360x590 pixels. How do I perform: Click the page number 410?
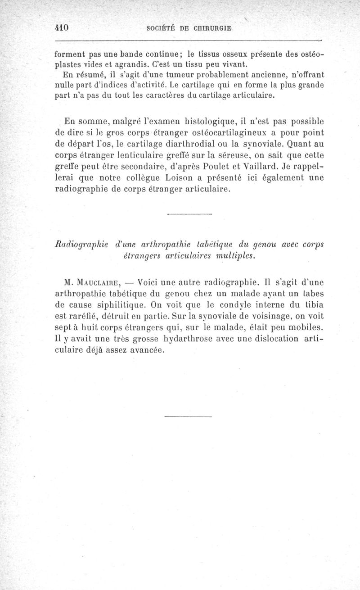coord(61,27)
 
